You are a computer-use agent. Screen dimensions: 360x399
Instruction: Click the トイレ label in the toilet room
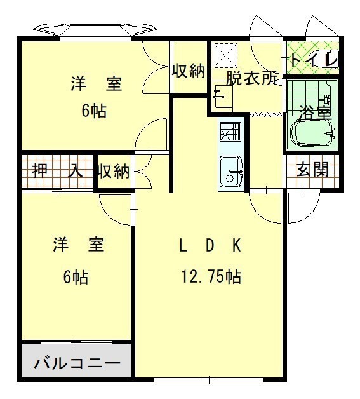coord(314,60)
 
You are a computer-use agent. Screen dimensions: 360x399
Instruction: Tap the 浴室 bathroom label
coord(316,112)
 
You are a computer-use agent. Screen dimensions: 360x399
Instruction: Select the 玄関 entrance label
coord(313,169)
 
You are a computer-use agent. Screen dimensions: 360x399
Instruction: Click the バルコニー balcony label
coord(77,363)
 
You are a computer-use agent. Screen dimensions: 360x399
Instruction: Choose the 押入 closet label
coord(57,170)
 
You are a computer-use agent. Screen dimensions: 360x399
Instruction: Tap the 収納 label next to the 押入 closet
coord(114,171)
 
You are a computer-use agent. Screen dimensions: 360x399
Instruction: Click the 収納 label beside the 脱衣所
coord(189,71)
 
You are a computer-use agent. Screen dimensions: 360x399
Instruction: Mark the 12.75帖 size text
coord(211,276)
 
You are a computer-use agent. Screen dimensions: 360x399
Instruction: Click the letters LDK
coord(210,246)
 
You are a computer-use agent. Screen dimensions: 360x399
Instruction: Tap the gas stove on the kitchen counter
coord(230,132)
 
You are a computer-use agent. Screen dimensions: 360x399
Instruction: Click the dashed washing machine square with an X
coord(225,55)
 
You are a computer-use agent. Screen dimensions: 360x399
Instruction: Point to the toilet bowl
coord(323,60)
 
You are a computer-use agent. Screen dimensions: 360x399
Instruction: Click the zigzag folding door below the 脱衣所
coord(266,114)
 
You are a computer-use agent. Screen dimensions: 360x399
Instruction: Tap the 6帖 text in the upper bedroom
coord(94,111)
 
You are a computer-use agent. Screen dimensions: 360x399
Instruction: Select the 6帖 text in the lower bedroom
coord(76,277)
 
